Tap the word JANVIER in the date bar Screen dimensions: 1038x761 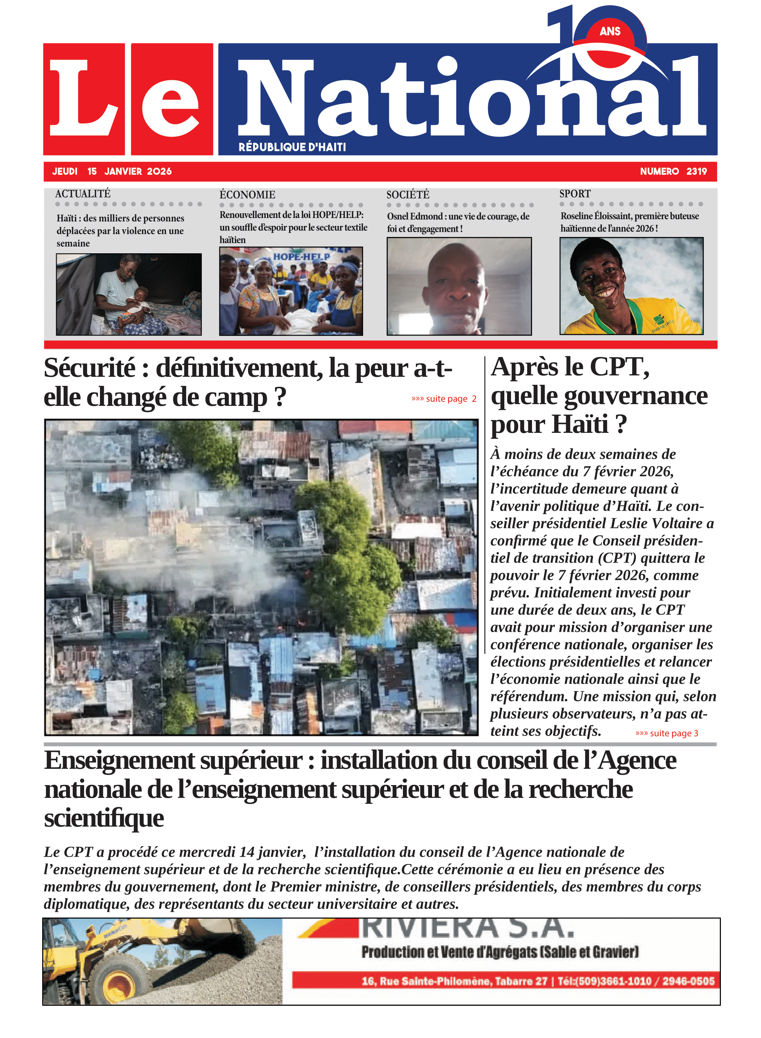(x=123, y=171)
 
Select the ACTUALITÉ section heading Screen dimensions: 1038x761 (x=83, y=193)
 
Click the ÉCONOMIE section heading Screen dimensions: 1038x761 (x=247, y=194)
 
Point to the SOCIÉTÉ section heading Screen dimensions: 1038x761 (x=408, y=194)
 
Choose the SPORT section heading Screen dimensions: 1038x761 (x=575, y=193)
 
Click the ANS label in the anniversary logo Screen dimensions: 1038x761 (x=610, y=31)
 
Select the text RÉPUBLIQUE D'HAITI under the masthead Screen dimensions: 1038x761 (x=292, y=147)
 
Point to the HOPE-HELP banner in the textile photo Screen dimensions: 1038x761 (x=302, y=256)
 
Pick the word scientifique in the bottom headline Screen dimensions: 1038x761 (x=104, y=818)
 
